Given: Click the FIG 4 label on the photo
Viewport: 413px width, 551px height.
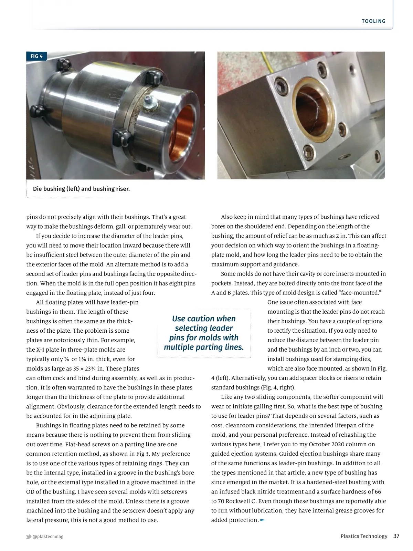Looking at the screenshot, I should click(36, 56).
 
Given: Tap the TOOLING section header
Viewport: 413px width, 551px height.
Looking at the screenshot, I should click(373, 21).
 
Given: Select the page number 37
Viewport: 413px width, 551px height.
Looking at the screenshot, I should click(396, 536).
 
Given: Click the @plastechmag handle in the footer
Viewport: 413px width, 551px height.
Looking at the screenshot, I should click(48, 537).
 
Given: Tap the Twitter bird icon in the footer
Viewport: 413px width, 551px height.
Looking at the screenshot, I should click(29, 537).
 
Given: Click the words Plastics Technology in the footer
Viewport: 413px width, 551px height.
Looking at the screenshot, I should click(364, 536).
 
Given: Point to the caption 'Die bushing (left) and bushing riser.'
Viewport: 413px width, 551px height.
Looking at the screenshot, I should click(81, 189).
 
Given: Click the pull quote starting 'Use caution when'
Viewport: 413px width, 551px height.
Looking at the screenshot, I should click(204, 333).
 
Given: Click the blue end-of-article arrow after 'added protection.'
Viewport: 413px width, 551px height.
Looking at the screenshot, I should click(263, 520).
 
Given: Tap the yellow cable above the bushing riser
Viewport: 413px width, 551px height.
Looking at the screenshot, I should click(265, 62).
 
